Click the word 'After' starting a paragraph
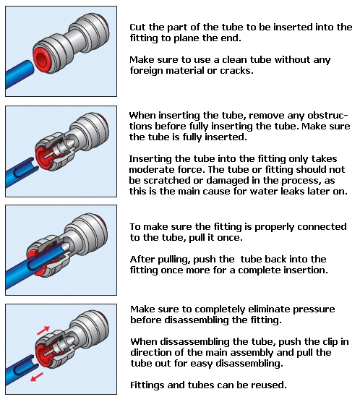pyautogui.click(x=142, y=259)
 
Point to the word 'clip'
pyautogui.click(x=330, y=342)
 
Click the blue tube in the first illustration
pyautogui.click(x=22, y=72)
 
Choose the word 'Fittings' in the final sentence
pyautogui.click(x=148, y=385)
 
